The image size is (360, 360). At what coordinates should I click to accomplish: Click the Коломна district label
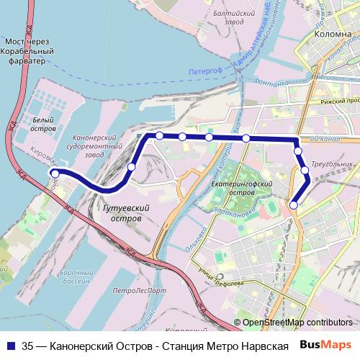coord(332,33)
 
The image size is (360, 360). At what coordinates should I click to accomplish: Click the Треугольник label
coord(332,163)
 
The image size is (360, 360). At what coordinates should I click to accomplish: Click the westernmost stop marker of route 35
coord(55,174)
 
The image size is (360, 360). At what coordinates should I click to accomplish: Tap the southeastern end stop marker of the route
coord(293,206)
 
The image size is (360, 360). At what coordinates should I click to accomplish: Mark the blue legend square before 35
coord(10,344)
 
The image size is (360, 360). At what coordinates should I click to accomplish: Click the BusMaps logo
coord(327,344)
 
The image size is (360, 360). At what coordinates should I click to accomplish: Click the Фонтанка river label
coord(271,83)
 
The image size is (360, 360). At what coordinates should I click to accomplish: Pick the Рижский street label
coord(338,101)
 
